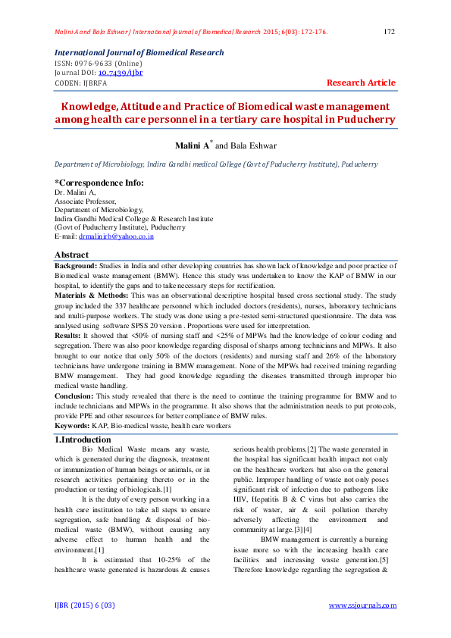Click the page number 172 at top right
tap(390, 32)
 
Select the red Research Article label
tap(361, 83)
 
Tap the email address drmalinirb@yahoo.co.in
tap(116, 236)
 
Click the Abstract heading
tap(71, 255)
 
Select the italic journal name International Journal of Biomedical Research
tap(139, 53)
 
